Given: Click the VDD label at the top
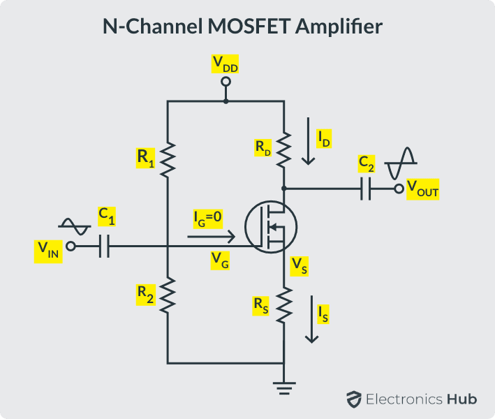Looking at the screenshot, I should pos(225,64).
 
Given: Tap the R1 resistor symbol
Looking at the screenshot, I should pos(168,158).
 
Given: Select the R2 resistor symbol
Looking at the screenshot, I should pos(168,295).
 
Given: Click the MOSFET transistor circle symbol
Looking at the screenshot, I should pos(271,226).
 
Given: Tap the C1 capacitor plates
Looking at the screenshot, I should pos(105,246).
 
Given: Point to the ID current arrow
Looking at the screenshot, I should pos(308,143).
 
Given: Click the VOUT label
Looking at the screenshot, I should pos(422,189).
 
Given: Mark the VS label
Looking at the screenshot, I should pos(299,265).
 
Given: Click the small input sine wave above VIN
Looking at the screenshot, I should pos(74,226).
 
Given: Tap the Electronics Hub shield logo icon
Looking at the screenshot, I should pos(353,399).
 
